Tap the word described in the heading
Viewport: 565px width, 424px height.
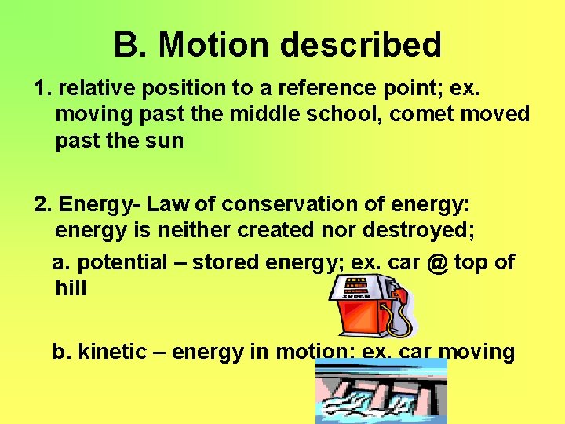pos(360,45)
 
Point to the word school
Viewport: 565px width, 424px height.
pos(341,114)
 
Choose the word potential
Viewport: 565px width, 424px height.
pos(123,262)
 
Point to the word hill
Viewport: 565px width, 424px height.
pos(71,288)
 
